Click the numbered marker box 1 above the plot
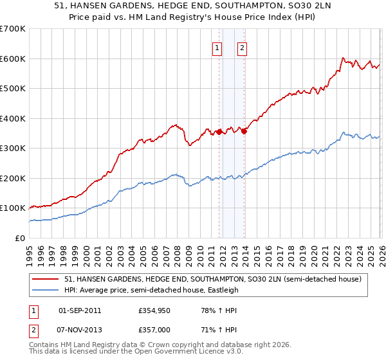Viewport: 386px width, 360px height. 217,47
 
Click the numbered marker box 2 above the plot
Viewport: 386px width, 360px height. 243,47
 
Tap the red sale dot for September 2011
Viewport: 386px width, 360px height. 219,132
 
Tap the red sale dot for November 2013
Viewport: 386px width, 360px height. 244,131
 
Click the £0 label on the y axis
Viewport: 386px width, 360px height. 19,238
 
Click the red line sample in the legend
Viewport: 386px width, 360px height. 46,280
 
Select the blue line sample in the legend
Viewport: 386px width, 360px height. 46,290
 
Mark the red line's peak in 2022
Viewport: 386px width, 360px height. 342,57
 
